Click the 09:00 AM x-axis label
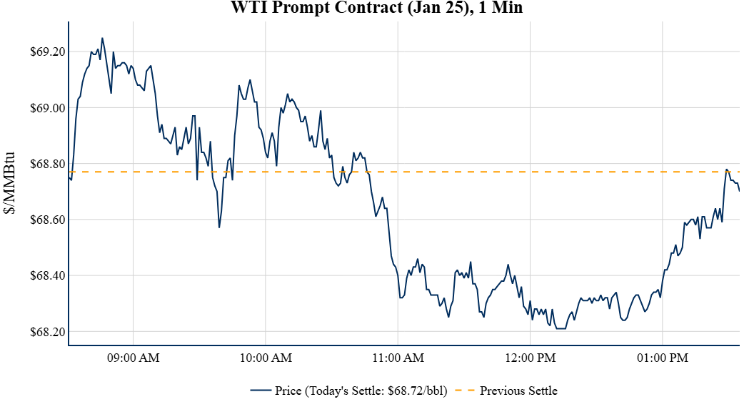134,358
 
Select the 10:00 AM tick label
266,358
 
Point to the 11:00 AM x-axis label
398,358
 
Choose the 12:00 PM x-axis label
530,358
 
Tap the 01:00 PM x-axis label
662,358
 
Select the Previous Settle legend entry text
518,391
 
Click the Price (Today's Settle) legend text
361,391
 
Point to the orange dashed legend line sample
464,391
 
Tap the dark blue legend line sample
261,391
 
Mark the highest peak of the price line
102,39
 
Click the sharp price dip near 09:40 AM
219,227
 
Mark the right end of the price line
739,190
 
